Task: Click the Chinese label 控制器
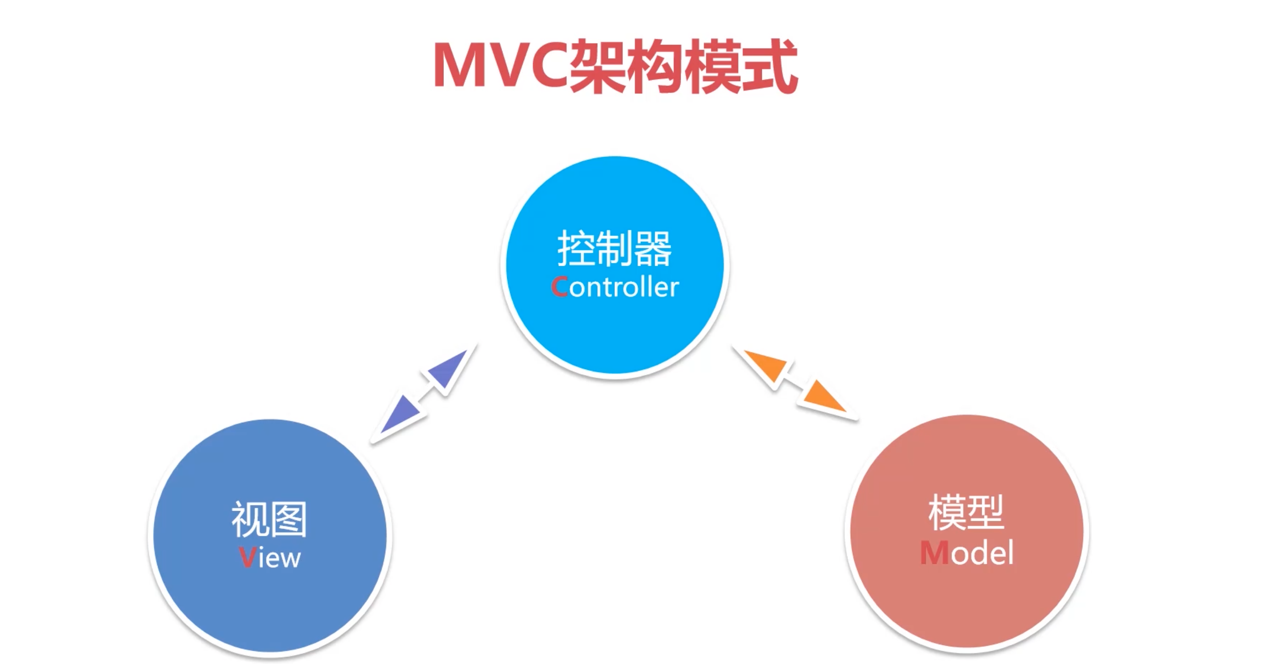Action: pos(614,249)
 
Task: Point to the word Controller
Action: pos(615,287)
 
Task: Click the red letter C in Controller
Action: pos(560,287)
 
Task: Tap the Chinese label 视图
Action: pos(269,519)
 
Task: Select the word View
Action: pos(270,558)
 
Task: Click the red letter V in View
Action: pos(247,558)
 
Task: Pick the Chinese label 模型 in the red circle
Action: pos(966,513)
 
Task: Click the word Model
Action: pos(967,553)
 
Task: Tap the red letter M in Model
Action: pos(934,553)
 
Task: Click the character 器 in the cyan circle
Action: pos(653,249)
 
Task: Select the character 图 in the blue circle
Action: pos(289,519)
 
